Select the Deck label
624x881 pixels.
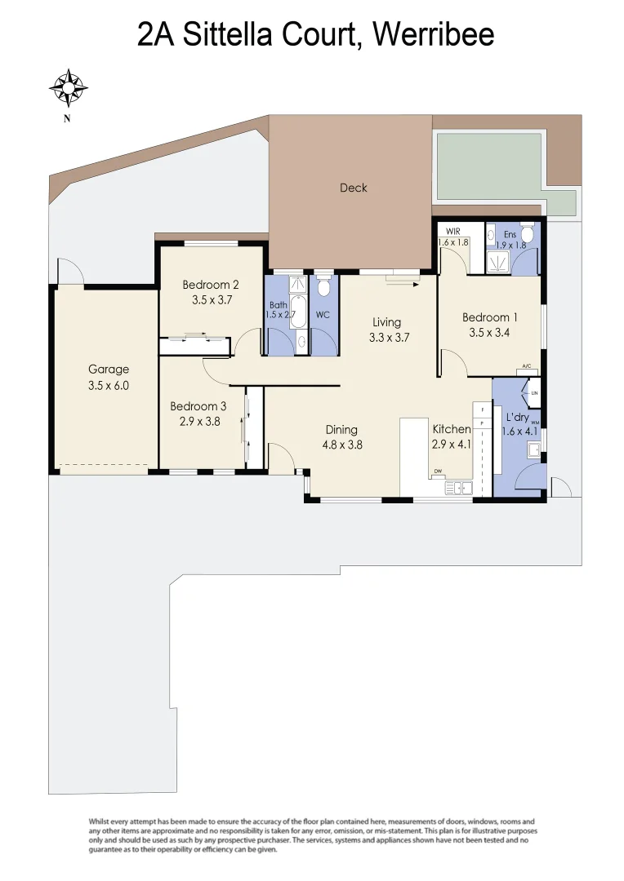point(353,188)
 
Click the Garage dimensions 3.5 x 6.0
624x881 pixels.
point(109,387)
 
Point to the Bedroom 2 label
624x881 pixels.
point(210,285)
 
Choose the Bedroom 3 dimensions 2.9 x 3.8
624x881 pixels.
point(194,422)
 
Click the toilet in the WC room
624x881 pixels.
point(324,288)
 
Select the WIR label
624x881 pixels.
point(453,232)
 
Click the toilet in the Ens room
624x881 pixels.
point(527,236)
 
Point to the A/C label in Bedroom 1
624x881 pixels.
point(527,367)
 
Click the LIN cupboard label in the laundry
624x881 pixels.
point(535,393)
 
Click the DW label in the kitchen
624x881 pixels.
point(439,471)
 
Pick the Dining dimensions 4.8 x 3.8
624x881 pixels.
point(341,445)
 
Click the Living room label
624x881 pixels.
point(387,322)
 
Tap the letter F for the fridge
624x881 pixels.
point(483,410)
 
